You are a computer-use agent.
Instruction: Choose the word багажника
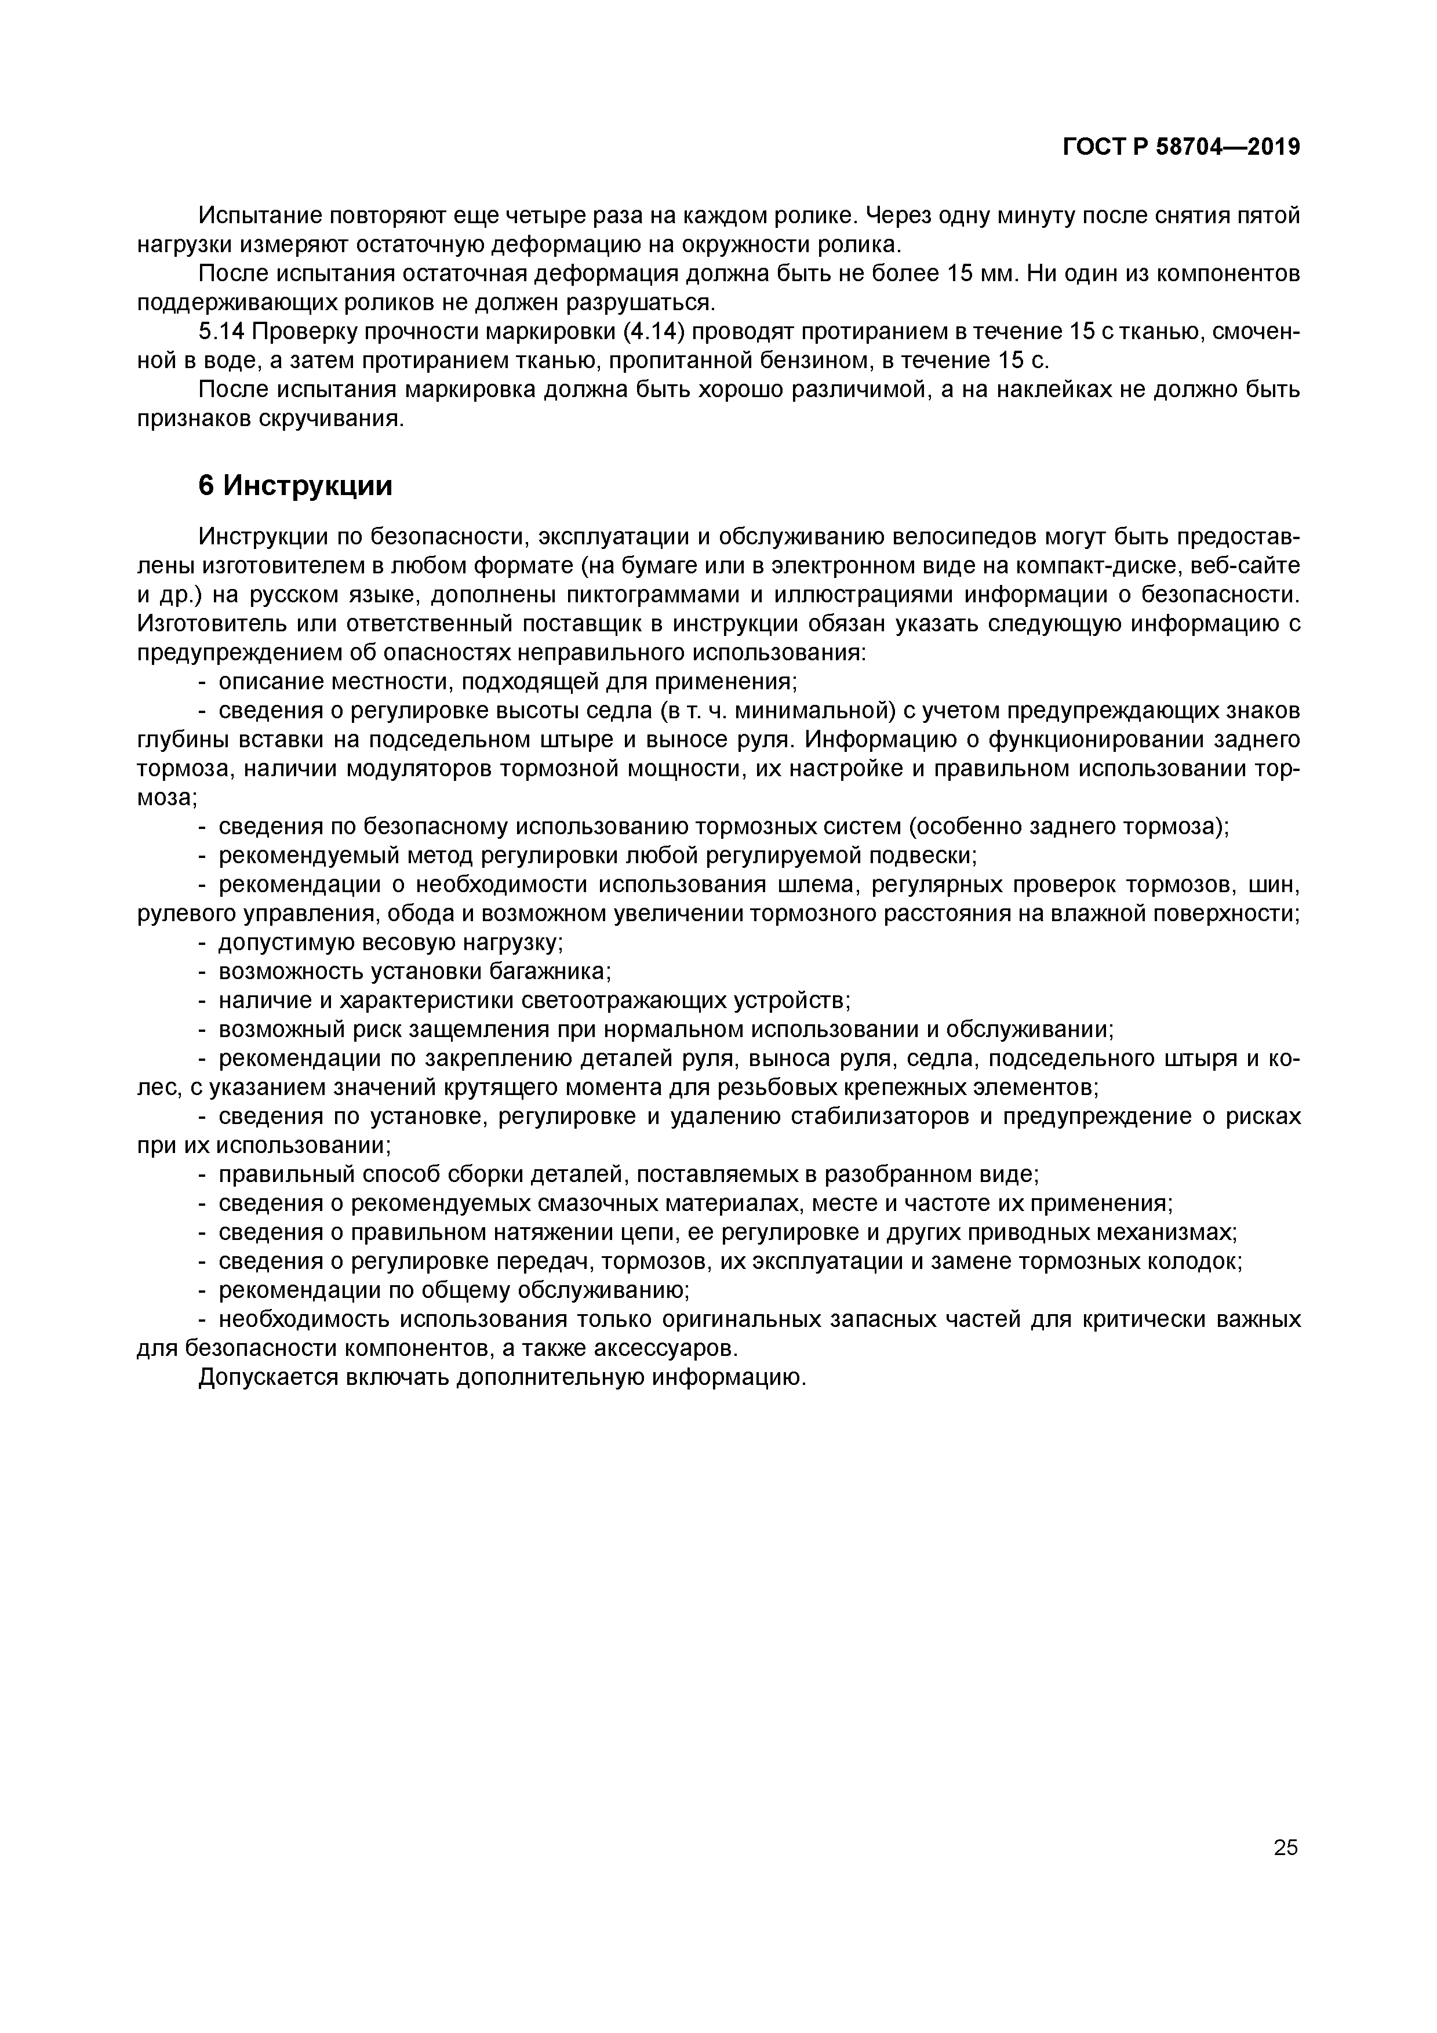tap(550, 972)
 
